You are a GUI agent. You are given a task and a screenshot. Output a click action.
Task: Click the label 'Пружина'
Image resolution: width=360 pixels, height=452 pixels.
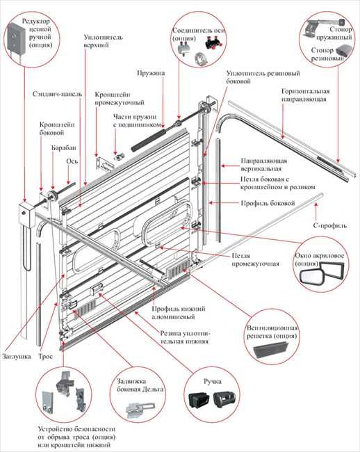[151, 72]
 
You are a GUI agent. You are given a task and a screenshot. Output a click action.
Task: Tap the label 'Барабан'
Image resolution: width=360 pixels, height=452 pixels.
[64, 147]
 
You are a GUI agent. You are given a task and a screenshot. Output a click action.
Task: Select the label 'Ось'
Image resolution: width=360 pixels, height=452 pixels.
[72, 161]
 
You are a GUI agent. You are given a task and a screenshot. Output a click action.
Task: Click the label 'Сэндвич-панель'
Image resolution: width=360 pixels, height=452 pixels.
[57, 94]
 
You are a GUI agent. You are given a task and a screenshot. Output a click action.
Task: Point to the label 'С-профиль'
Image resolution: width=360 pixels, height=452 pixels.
[329, 225]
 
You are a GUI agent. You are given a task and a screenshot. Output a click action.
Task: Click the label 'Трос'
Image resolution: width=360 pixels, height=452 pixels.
[45, 356]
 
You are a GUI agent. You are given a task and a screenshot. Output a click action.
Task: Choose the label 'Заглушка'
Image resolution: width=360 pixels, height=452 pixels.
[17, 356]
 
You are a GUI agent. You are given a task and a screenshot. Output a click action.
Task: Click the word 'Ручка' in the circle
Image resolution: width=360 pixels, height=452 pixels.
[213, 381]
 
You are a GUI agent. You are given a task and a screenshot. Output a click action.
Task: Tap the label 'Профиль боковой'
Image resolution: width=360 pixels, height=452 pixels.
[268, 203]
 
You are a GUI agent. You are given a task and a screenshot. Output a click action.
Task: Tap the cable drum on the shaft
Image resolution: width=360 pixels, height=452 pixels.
[53, 196]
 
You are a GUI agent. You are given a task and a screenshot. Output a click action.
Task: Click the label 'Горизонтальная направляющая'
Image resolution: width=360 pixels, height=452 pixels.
[305, 95]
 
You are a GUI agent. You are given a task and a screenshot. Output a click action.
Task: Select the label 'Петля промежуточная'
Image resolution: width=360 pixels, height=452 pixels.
[256, 260]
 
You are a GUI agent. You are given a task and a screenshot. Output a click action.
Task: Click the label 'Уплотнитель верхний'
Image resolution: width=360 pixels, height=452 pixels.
[104, 41]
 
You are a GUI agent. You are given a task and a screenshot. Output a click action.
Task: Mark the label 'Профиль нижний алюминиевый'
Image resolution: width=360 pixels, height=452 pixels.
[179, 313]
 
